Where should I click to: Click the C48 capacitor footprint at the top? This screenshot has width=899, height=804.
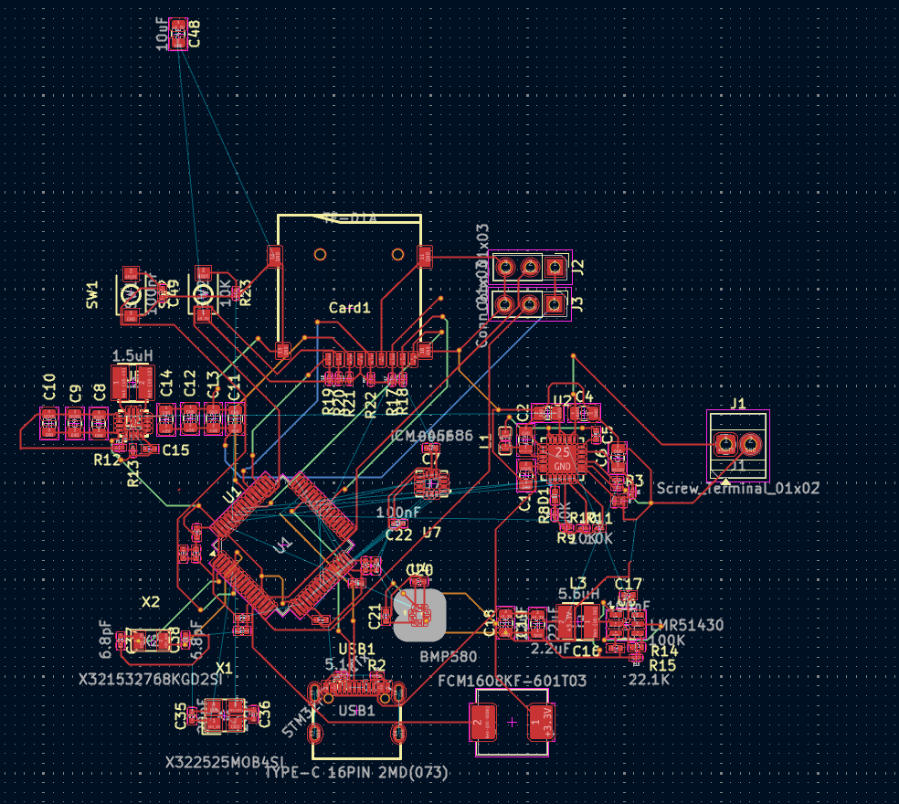point(179,35)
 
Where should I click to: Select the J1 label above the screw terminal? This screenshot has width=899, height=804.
point(738,403)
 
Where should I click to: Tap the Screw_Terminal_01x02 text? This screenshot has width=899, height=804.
point(738,489)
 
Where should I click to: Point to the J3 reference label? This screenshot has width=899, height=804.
point(577,302)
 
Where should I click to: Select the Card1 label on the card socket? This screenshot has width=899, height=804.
point(350,309)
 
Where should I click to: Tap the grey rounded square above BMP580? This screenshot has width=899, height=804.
point(420,616)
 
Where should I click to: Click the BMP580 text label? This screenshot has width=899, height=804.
point(449,657)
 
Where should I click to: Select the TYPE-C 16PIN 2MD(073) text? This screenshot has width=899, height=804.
point(356,773)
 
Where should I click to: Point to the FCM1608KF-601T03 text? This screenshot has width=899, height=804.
point(513,681)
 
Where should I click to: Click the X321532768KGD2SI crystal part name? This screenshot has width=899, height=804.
point(150,680)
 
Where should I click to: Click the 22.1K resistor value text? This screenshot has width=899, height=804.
point(650,680)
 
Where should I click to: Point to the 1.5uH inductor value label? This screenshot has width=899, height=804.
point(132,354)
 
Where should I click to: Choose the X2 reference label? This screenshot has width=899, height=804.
point(151,602)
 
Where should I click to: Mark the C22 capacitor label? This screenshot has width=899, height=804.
point(399,535)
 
